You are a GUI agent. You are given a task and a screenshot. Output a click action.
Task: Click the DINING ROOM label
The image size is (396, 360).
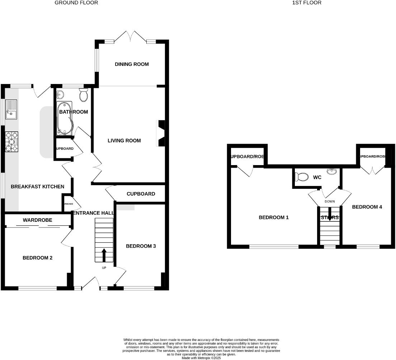(132, 64)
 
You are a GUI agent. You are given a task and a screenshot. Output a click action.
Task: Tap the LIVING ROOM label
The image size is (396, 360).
(124, 140)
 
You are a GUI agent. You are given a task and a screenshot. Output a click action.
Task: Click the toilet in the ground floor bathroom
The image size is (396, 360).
(84, 95)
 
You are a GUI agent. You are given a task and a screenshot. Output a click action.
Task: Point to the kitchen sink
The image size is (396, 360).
(10, 109)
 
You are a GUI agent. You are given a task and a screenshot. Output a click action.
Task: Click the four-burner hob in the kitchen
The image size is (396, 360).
(11, 142)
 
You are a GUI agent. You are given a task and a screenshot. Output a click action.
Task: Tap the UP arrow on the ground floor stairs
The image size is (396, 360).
(104, 255)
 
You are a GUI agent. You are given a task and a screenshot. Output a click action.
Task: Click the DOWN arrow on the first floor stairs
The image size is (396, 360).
(329, 212)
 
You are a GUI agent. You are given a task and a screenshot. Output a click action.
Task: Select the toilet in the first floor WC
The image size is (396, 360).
(301, 177)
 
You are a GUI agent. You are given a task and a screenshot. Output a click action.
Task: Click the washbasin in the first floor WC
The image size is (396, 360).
(332, 172)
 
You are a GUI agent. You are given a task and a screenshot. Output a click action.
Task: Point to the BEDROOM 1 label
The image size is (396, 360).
(274, 218)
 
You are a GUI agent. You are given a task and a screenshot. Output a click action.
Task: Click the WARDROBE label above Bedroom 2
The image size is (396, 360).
(38, 220)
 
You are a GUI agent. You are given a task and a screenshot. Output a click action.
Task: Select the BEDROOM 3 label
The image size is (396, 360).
(141, 246)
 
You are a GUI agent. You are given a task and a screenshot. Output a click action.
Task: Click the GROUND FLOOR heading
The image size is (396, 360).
(76, 3)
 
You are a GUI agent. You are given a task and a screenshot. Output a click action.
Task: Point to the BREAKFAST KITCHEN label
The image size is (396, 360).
(38, 187)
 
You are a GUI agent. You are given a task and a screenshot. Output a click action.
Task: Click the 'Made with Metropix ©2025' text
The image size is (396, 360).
(201, 358)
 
